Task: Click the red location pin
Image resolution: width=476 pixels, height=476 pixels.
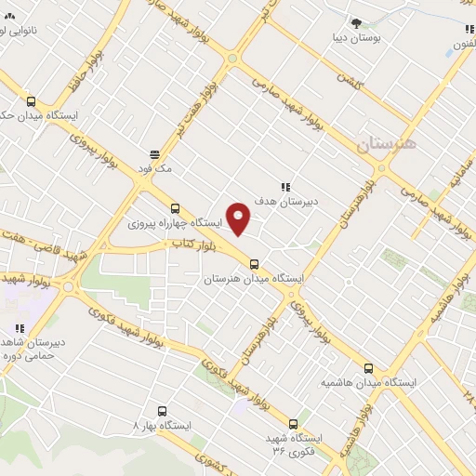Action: click(239, 218)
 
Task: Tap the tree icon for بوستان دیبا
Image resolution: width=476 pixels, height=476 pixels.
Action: click(356, 22)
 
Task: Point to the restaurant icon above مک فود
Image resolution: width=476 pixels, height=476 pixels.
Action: click(155, 154)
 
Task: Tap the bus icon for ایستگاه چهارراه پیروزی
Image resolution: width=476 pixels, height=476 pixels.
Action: click(175, 208)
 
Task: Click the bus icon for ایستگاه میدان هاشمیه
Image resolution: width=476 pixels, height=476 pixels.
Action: click(368, 368)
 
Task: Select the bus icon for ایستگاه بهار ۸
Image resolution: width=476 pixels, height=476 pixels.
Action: click(164, 410)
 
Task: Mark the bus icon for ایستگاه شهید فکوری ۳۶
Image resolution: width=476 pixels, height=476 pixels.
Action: click(295, 423)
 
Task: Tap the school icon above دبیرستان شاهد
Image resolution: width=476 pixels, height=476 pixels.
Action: click(19, 328)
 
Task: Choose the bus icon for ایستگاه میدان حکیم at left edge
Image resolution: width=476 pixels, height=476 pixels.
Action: click(33, 102)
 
